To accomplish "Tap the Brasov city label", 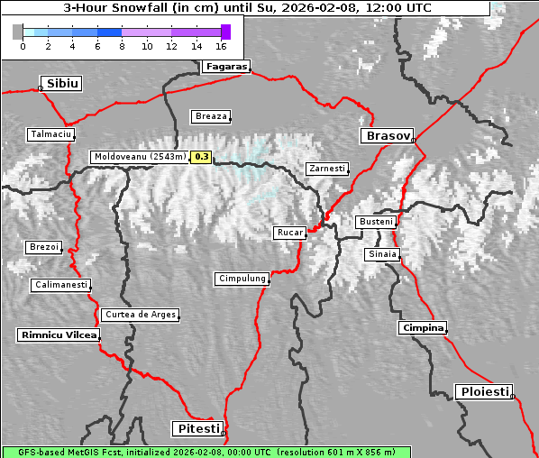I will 387,135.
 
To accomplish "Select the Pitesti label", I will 196,428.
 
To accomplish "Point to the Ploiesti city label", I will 485,391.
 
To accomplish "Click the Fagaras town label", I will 225,66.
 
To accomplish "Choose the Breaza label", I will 212,115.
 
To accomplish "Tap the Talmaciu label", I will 50,133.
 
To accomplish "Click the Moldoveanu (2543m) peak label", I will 140,157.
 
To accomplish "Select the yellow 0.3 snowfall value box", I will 201,157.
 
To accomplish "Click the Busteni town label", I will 375,222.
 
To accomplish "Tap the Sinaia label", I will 381,254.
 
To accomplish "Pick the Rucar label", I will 290,233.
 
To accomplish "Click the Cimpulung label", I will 242,279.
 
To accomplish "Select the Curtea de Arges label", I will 140,315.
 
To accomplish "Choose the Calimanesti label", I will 60,285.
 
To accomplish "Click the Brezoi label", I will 44,247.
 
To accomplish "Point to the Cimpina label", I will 422,327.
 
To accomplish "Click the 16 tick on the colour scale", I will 221,44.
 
